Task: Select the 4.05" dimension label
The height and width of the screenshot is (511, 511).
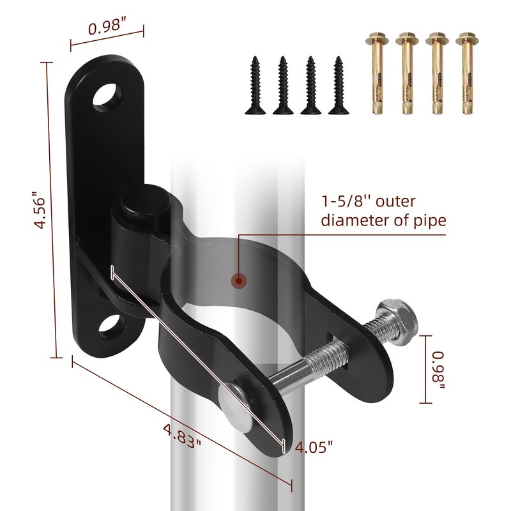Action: tap(314, 446)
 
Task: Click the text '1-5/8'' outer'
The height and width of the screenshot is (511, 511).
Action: tap(368, 203)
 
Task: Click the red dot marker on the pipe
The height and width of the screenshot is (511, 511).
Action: tap(238, 279)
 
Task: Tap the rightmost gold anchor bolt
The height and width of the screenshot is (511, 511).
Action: tap(466, 73)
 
